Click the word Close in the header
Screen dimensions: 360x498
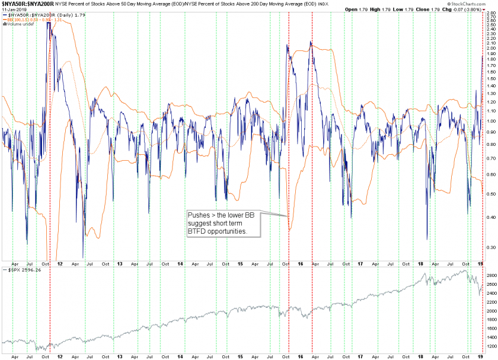(422, 9)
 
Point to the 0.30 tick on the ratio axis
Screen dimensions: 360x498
(490, 247)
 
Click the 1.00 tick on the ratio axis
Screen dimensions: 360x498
(490, 122)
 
